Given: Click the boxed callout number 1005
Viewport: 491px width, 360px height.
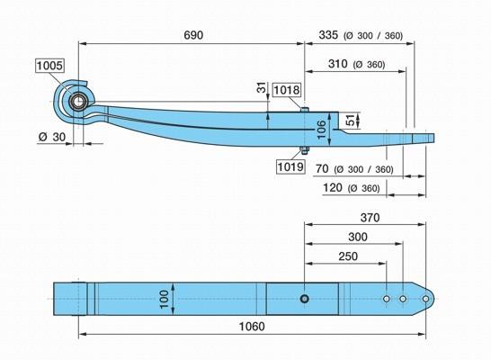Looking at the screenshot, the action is tap(49, 66).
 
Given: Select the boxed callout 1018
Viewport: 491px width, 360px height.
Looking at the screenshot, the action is tap(287, 90).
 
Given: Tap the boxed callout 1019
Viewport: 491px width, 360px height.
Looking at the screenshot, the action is tap(290, 166).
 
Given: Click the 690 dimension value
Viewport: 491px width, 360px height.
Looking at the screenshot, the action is tap(193, 35).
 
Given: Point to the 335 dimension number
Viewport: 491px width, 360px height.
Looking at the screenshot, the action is tap(328, 35).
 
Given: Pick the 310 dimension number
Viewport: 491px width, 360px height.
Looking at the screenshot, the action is tap(337, 64).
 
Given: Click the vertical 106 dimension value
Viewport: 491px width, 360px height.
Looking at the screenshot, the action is tap(322, 130).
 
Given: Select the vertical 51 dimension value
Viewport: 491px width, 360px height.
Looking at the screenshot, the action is tap(351, 121).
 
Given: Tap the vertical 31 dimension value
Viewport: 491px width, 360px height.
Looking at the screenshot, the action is tap(262, 87).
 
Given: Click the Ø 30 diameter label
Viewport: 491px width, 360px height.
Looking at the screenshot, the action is tap(52, 137).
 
